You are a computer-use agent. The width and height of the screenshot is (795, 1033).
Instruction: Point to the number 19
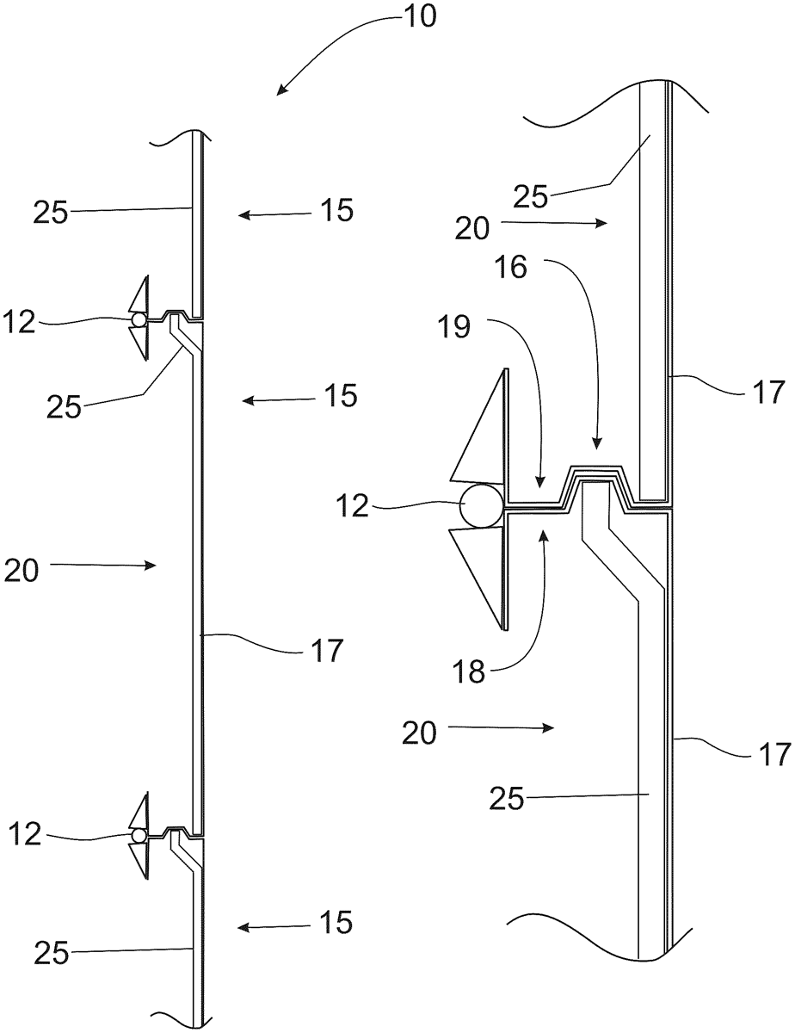click(x=455, y=327)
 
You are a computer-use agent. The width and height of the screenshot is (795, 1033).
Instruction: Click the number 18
click(x=469, y=671)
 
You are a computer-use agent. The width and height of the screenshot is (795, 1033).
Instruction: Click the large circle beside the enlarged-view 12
click(x=481, y=506)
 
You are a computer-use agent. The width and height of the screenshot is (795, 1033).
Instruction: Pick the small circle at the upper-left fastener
click(x=139, y=319)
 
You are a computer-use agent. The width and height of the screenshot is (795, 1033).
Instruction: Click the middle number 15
click(x=340, y=395)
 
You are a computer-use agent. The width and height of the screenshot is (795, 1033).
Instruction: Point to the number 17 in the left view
click(x=328, y=650)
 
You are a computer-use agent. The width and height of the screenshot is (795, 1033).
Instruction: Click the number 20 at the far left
click(x=22, y=570)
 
